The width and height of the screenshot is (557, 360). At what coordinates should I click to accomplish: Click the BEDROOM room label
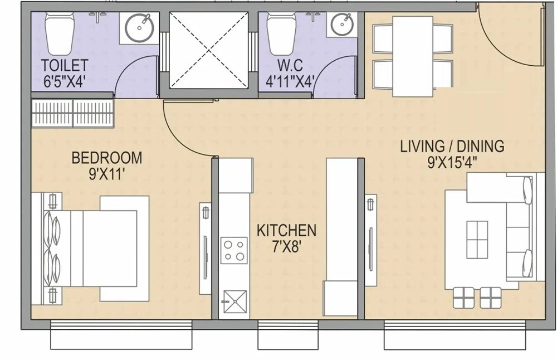tap(106, 158)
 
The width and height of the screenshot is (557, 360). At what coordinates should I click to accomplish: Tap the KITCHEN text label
tap(286, 230)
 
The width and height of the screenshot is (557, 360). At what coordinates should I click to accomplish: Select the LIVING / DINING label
tap(452, 147)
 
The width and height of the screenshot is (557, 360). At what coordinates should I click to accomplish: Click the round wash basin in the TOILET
tap(138, 27)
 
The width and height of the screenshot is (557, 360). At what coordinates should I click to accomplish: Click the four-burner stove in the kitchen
tap(234, 250)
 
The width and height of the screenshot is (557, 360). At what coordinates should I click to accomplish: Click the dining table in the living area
tap(413, 56)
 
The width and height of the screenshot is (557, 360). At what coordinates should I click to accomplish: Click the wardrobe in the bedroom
tap(73, 114)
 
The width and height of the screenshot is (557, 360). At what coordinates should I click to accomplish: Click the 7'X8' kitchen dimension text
tap(286, 247)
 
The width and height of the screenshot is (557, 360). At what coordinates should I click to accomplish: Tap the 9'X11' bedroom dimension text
tap(106, 174)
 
